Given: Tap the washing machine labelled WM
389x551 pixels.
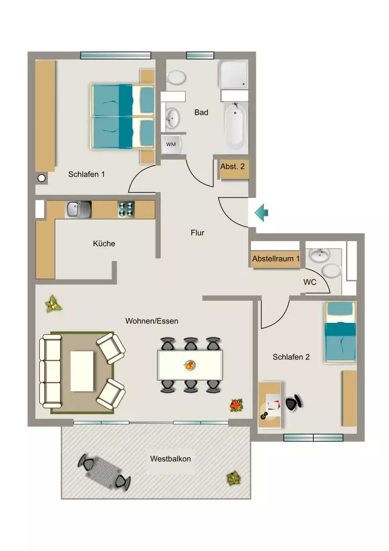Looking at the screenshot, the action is pos(171,144).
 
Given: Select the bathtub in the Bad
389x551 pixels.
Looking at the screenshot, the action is pos(235,126).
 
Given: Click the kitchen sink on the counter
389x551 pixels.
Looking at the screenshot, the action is pos(78,209).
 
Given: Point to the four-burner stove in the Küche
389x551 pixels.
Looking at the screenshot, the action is pos(126,209).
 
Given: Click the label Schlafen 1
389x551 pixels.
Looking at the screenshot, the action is pos(87,174).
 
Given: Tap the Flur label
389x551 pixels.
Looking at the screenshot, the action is pos(198,232).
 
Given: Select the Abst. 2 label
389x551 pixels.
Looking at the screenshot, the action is pos(233,166).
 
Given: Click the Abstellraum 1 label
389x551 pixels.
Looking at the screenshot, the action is pos(276,259).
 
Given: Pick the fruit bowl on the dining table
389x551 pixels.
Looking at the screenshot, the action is pos(190,365).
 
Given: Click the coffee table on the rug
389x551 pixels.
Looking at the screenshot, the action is pos(82,371).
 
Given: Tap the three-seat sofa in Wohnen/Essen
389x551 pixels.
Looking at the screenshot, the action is pos(50,371).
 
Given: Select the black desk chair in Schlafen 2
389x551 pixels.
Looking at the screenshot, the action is pos(293,402).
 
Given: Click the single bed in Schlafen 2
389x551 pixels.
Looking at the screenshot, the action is pos(340,331).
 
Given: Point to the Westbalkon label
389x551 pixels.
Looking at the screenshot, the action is pos(170,458).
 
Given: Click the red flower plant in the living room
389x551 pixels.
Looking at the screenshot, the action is pos(237,405).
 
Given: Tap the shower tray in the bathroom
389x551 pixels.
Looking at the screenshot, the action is pos(233,74).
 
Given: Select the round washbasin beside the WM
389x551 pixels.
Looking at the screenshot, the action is pos(172,117).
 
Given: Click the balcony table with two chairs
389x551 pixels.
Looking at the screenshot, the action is pos(104,472).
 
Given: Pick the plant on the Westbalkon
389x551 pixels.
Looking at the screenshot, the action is pos(233,478).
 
